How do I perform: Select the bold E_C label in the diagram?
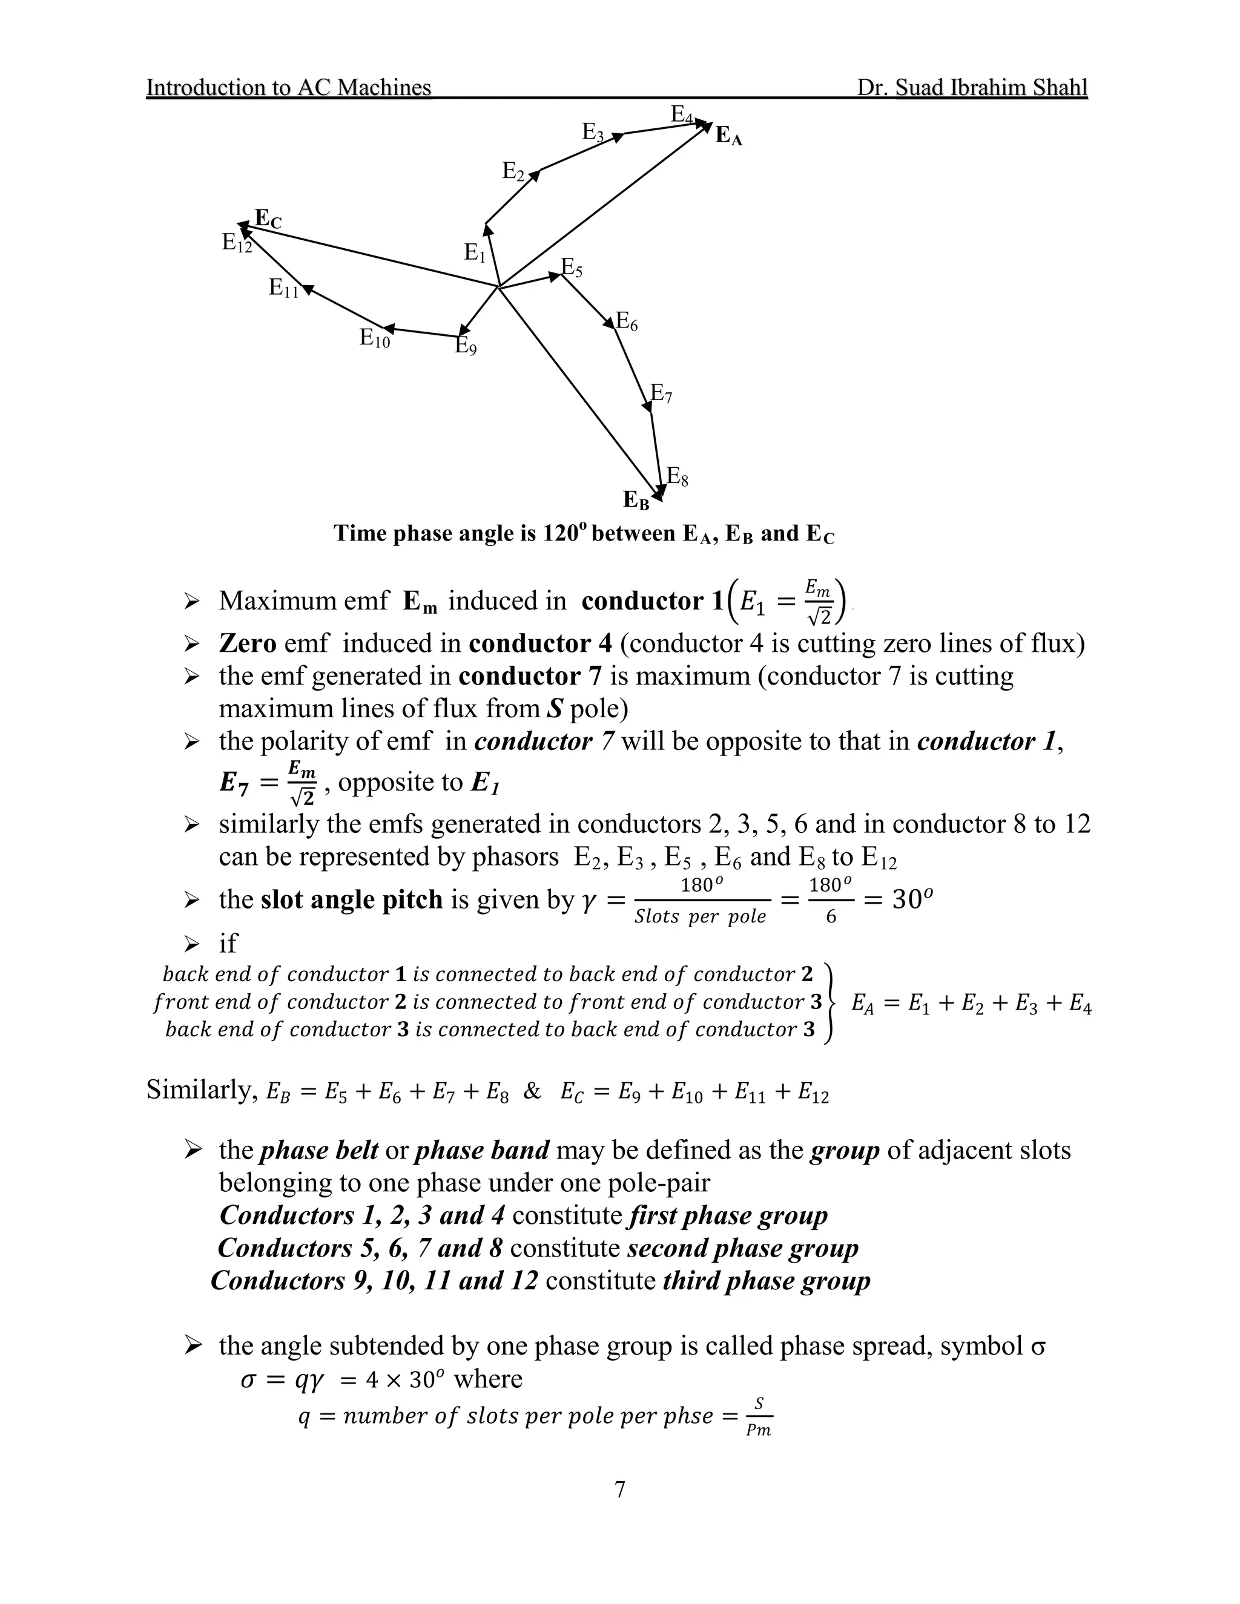click(268, 219)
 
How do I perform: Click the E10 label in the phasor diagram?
click(375, 338)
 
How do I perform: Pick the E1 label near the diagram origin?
click(475, 254)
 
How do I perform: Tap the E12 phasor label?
click(237, 243)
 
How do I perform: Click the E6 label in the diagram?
click(626, 321)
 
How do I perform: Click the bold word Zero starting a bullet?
click(248, 643)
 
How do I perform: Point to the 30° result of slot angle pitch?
click(912, 899)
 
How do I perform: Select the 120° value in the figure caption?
click(565, 533)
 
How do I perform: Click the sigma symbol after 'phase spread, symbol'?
click(1038, 1346)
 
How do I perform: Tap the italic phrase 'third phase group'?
click(766, 1281)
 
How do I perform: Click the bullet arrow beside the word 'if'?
click(192, 943)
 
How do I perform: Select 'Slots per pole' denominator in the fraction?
click(700, 916)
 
